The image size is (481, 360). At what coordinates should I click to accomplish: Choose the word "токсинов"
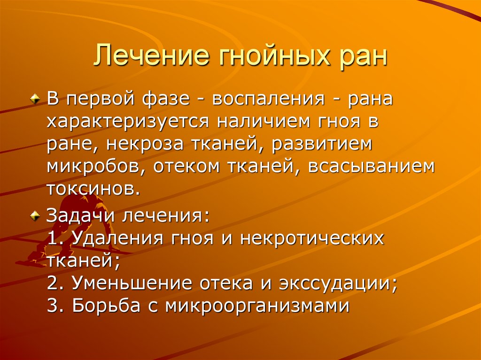[x=93, y=189]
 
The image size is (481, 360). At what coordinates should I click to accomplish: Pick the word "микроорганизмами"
[x=257, y=306]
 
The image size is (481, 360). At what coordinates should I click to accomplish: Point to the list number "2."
[x=55, y=283]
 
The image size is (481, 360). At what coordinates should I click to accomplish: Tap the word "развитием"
[x=322, y=145]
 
